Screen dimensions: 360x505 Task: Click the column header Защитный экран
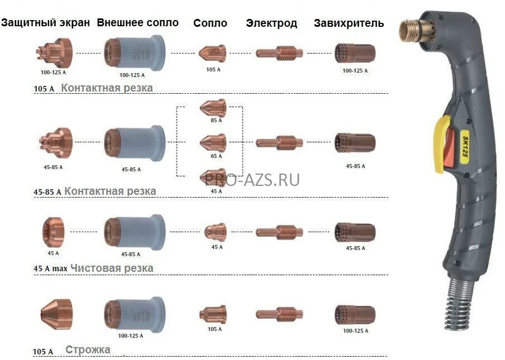46,23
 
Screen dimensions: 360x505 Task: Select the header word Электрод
271,23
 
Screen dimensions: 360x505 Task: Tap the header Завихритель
349,23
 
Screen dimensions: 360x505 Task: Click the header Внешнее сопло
137,23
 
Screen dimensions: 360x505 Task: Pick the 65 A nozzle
213,142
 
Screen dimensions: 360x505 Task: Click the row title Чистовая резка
112,268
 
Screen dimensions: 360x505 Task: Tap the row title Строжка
88,350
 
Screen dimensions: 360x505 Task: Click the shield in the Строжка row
56,314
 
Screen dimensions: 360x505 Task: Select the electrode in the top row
279,54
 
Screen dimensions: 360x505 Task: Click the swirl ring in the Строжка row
355,314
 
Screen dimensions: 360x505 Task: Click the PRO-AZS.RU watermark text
252,180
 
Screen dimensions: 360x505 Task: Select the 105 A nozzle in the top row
212,54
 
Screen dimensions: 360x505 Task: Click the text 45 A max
50,268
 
